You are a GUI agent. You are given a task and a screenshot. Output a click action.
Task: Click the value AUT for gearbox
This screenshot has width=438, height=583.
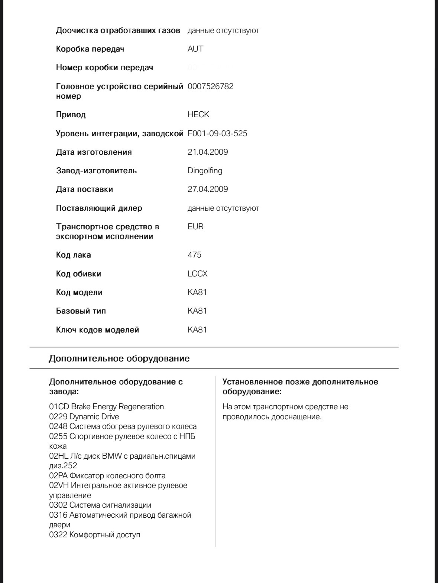[195, 49]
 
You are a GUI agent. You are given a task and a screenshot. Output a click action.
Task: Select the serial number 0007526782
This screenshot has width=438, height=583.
[211, 86]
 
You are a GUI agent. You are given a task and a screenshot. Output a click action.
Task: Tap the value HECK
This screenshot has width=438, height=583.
[198, 115]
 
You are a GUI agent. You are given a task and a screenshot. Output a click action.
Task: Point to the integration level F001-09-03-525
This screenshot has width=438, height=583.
[217, 134]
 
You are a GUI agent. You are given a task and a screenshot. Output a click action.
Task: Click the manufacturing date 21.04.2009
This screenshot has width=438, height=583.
[208, 152]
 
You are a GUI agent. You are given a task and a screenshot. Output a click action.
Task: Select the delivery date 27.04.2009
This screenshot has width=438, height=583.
[208, 189]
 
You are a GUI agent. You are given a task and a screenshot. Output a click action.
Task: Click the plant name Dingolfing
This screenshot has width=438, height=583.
[205, 171]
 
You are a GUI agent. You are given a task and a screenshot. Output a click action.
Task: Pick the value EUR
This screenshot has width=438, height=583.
[195, 227]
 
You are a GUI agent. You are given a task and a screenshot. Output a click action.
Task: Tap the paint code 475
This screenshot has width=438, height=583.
[194, 255]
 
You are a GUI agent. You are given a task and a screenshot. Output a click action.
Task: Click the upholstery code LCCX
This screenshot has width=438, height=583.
[198, 274]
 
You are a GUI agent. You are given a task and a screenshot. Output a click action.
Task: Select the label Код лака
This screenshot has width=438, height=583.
[74, 255]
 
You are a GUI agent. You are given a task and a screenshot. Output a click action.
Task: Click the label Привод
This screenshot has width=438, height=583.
[71, 115]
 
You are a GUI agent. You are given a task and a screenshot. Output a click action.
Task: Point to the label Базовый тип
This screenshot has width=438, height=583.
[81, 311]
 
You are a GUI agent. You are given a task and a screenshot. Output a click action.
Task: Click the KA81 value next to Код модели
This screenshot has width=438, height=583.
[197, 292]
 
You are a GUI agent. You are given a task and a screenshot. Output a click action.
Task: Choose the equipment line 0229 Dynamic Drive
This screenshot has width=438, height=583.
[84, 416]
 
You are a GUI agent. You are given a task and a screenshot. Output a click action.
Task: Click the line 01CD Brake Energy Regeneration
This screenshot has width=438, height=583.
[106, 407]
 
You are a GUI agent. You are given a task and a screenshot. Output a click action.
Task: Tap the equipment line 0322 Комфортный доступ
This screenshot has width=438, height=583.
[95, 535]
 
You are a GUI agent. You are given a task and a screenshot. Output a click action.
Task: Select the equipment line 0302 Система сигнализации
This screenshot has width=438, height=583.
[100, 505]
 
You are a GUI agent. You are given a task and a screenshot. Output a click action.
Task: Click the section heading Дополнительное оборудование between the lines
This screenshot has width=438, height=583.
[119, 358]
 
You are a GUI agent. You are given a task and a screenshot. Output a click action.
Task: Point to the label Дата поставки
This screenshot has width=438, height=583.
[84, 189]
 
